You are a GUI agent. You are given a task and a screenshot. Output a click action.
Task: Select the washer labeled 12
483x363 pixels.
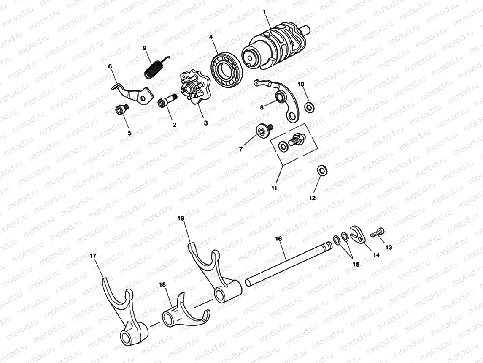[x=321, y=170]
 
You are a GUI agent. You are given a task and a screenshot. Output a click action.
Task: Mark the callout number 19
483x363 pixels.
[x=181, y=218]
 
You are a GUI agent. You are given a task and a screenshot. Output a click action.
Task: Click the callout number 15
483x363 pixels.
[x=356, y=264]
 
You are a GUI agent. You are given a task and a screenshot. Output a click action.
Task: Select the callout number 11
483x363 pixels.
[x=274, y=188]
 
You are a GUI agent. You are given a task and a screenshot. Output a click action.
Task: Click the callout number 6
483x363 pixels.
[x=111, y=66]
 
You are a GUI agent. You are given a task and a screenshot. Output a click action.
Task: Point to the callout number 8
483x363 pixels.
[x=262, y=108]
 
